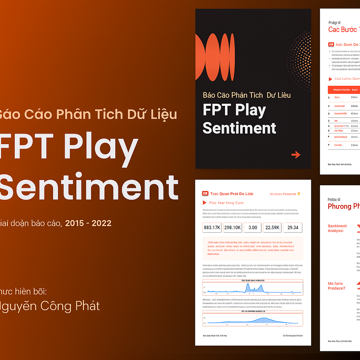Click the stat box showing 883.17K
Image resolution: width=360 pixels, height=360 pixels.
(212, 227)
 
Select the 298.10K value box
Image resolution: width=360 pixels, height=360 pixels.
(232, 227)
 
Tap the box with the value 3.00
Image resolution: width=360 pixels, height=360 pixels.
(252, 227)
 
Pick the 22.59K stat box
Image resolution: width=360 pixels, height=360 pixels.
(272, 227)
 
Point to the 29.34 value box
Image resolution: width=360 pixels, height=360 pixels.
(292, 227)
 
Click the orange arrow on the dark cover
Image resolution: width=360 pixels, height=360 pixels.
(296, 154)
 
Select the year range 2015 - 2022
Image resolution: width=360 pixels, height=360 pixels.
(88, 223)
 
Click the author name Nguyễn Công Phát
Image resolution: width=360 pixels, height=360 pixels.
(49, 306)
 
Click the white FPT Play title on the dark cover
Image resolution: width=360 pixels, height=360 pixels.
(234, 110)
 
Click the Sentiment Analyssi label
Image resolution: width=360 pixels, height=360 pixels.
(337, 228)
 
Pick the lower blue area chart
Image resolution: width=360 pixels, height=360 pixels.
(252, 319)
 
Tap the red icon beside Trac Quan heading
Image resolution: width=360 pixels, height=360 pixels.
(205, 194)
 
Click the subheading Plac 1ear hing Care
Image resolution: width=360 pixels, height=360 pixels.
(226, 203)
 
